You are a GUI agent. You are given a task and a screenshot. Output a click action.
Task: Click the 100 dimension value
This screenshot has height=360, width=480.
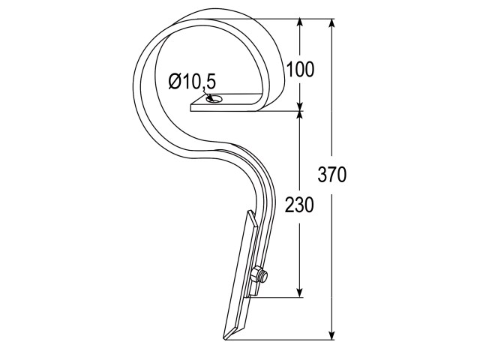(300, 69)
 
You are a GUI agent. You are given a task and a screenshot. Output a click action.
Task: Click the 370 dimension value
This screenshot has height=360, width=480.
(332, 175)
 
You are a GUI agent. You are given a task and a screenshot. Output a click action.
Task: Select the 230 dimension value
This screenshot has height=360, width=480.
(299, 205)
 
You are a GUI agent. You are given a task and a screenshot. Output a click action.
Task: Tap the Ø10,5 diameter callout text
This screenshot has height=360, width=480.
(192, 82)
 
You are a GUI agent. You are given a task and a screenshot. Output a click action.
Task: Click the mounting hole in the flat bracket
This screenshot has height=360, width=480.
(216, 99)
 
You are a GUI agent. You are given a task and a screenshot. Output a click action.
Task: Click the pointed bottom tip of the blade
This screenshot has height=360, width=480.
(225, 338)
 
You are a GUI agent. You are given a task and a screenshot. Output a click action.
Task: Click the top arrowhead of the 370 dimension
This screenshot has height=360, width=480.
(331, 25)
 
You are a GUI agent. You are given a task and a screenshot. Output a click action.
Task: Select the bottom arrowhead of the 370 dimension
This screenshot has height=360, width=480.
(331, 334)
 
